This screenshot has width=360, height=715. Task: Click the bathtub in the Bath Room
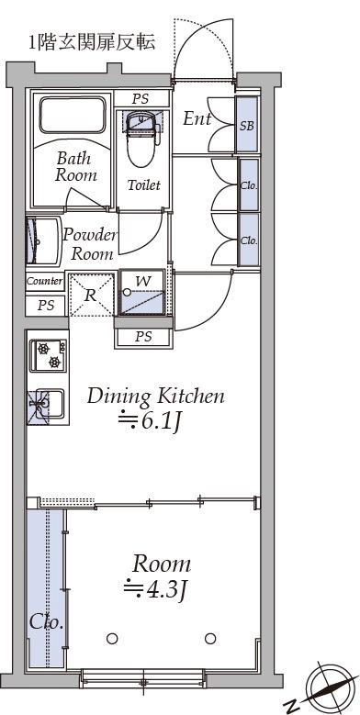(73, 114)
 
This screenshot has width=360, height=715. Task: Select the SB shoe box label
(246, 126)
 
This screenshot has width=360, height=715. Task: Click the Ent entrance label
(197, 119)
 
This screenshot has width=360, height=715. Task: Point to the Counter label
(45, 281)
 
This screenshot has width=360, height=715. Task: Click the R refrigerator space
(91, 295)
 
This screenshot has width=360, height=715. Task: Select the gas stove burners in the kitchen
(49, 355)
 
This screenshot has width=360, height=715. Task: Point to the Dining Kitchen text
(155, 397)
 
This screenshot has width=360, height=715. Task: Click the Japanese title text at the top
(93, 42)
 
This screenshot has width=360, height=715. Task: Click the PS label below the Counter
(46, 306)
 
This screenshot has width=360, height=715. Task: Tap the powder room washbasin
(43, 240)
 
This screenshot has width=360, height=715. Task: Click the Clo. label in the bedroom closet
(46, 622)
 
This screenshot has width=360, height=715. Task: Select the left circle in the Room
(112, 639)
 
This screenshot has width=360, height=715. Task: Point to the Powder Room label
(90, 245)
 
